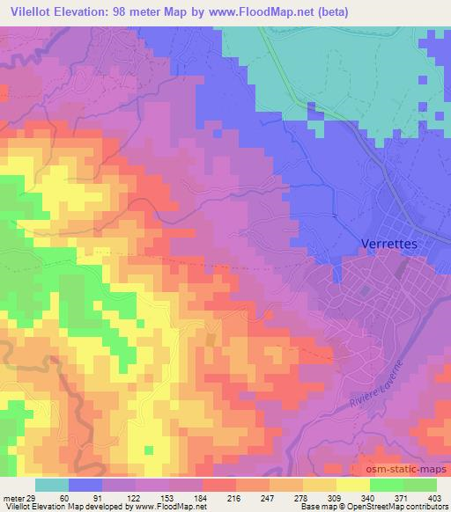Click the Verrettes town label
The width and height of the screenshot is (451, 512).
point(392,242)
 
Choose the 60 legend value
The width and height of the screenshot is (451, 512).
point(53,497)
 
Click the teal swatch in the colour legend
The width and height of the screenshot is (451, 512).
point(51,485)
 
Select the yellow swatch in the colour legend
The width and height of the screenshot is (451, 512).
point(352,485)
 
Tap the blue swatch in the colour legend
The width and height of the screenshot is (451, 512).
point(85,485)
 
